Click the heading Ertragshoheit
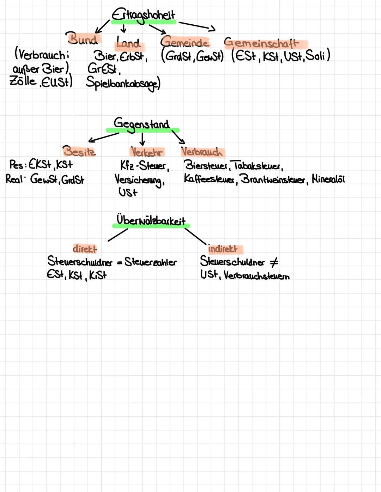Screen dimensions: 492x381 point(143,15)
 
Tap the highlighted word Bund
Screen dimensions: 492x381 point(83,38)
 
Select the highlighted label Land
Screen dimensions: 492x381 point(128,43)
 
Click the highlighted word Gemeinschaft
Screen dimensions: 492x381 point(261,43)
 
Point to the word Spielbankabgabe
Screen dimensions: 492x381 point(123,83)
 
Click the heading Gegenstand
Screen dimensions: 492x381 point(141,124)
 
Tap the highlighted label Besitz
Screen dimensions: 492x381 point(79,151)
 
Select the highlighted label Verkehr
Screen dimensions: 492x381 point(146,152)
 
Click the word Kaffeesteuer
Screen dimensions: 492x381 point(209,179)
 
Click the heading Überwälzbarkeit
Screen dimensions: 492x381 point(151,220)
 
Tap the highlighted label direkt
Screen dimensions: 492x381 point(85,249)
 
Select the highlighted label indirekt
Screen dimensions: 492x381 point(223,249)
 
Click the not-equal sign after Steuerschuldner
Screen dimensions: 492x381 point(274,262)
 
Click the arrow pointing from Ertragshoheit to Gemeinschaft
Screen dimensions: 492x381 point(197,26)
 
